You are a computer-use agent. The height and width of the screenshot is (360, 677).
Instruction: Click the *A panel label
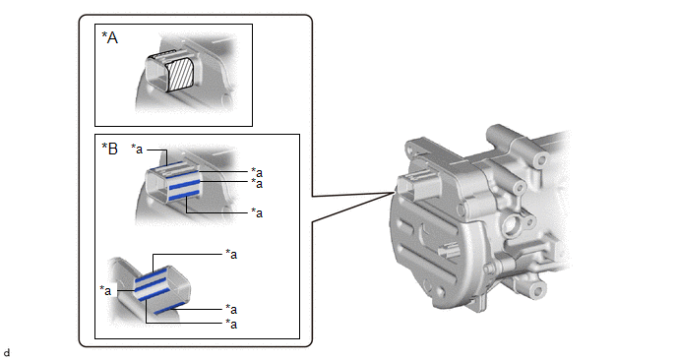pyautogui.click(x=109, y=38)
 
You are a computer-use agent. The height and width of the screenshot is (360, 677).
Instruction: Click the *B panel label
pyautogui.click(x=109, y=149)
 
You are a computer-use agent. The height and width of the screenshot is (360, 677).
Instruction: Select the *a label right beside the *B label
pyautogui.click(x=137, y=150)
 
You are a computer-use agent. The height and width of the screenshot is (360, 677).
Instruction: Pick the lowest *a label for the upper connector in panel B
pyautogui.click(x=257, y=212)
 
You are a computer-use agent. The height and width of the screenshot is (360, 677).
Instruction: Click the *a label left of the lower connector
pyautogui.click(x=105, y=290)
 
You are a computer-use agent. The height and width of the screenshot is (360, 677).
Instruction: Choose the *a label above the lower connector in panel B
pyautogui.click(x=231, y=254)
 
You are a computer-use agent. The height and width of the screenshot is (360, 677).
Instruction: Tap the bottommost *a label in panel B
pyautogui.click(x=231, y=324)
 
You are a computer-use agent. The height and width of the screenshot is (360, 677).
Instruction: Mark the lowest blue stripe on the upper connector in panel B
pyautogui.click(x=184, y=195)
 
